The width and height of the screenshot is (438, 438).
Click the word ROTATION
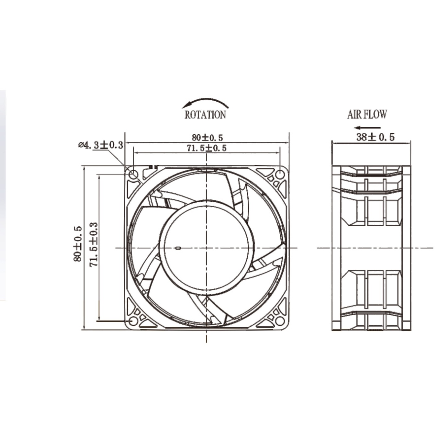[x=205, y=115]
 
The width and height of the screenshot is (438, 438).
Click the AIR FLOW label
[x=367, y=114]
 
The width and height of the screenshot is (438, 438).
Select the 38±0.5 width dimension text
[x=375, y=137]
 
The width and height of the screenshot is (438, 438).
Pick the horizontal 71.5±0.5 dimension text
[x=207, y=148]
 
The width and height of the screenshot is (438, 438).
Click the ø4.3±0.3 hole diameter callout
[x=101, y=145]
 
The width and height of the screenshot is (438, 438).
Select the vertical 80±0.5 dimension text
[x=77, y=244]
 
